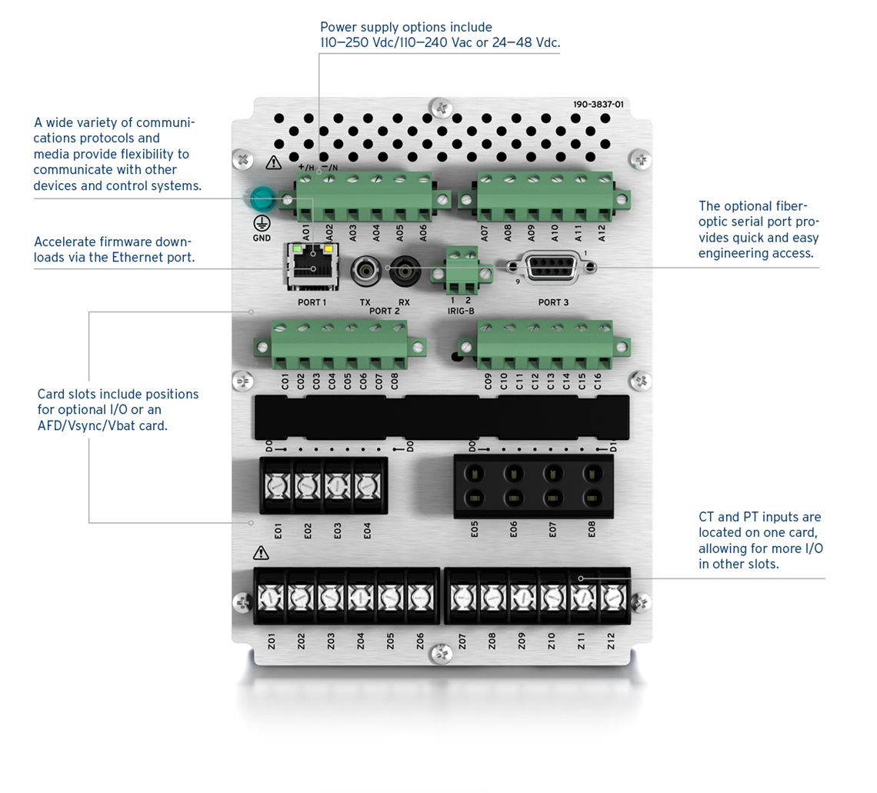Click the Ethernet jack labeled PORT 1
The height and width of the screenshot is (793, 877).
coord(312,266)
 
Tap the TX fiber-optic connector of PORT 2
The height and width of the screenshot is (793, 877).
coord(365,272)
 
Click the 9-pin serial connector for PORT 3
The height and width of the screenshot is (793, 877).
coord(550,268)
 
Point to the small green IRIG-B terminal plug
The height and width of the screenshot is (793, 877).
coord(462,272)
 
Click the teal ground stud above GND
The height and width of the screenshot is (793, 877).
coord(261,198)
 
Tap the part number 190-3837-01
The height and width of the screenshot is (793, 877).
coord(598,105)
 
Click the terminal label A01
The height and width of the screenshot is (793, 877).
coord(305,232)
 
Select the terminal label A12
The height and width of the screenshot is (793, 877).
coord(602,233)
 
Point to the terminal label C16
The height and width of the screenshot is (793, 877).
coord(597,382)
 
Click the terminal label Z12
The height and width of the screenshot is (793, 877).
coord(611,641)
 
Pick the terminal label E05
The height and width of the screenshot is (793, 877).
coord(475,529)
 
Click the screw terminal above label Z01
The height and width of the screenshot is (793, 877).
coord(271,598)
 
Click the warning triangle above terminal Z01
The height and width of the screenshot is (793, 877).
coord(261,553)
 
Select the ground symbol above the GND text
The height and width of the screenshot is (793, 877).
coord(262,224)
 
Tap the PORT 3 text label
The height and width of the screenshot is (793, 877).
coord(553,302)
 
